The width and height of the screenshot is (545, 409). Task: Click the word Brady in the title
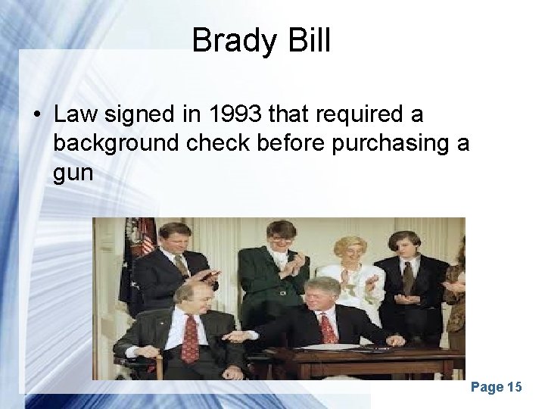point(226,41)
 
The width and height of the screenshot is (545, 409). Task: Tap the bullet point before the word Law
point(36,116)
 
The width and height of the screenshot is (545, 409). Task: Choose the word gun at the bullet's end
point(73,173)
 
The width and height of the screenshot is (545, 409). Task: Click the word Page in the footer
point(486,388)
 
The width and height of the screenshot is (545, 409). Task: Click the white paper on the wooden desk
point(341,347)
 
